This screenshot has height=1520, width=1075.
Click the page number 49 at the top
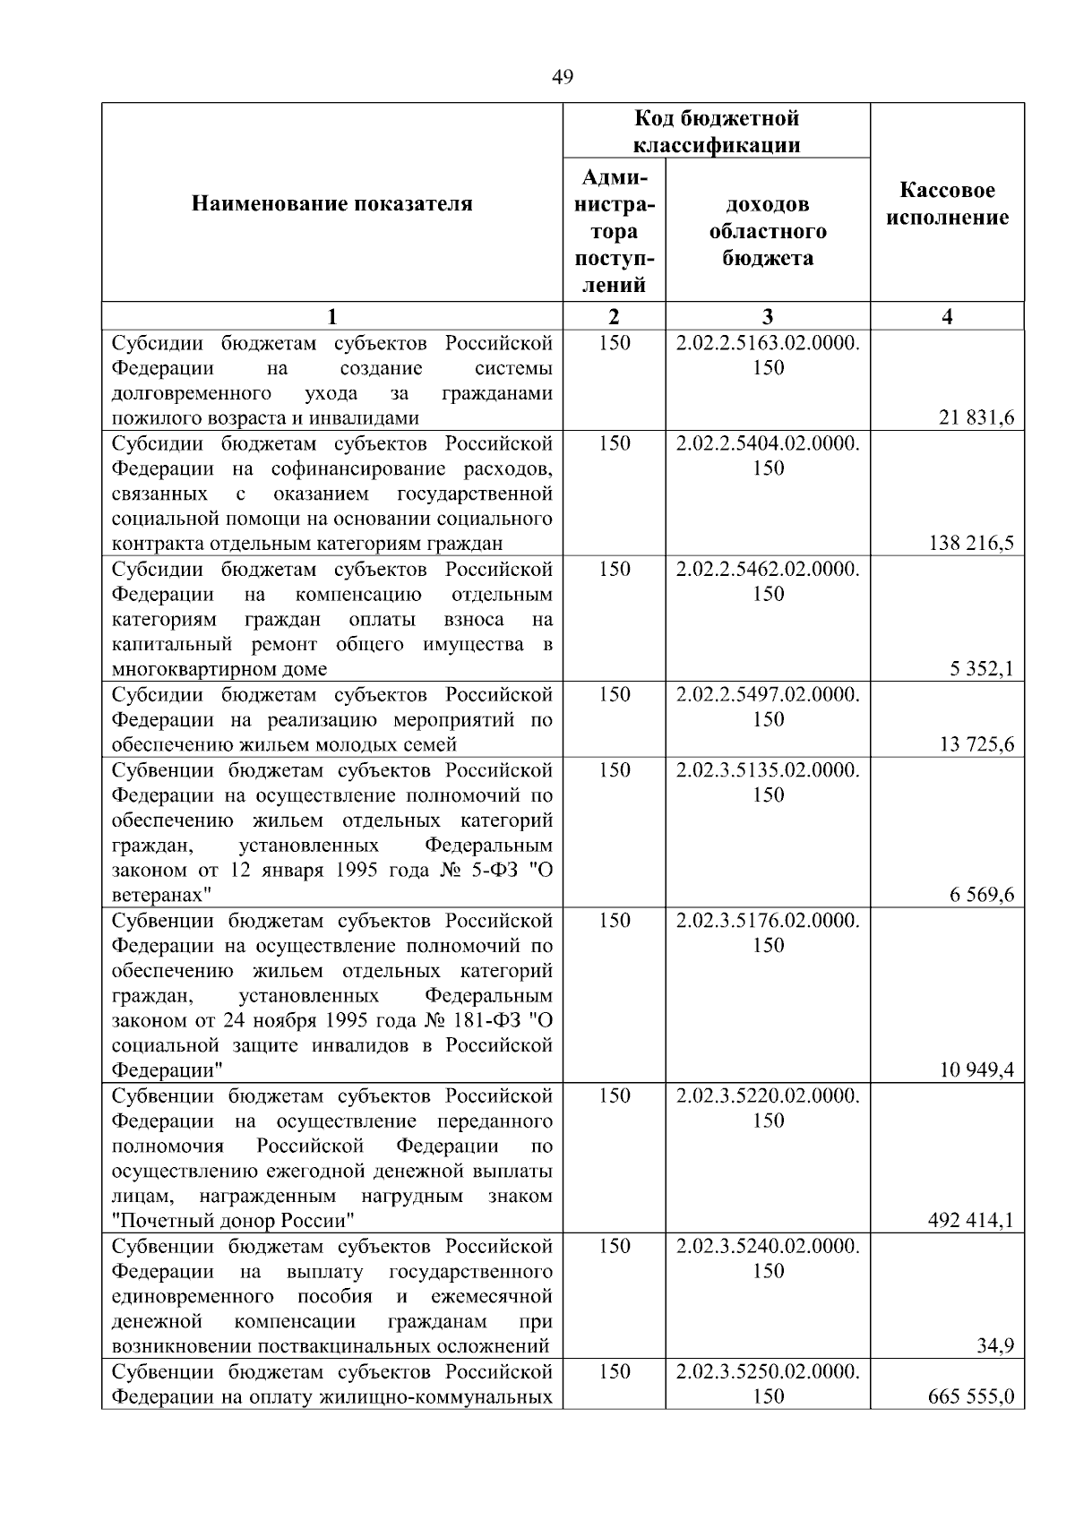[563, 77]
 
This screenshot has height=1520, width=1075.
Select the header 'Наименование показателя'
[331, 204]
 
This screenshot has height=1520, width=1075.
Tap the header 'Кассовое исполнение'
[947, 204]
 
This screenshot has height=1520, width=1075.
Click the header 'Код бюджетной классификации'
[717, 132]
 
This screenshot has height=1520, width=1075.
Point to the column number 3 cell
[768, 316]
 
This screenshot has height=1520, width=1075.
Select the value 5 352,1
[982, 669]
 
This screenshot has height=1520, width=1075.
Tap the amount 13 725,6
[976, 744]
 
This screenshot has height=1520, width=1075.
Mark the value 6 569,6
[982, 895]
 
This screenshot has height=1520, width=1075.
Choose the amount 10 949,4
[976, 1070]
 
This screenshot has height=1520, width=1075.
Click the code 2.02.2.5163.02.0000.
[768, 343]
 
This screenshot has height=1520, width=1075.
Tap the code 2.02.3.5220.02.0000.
[768, 1096]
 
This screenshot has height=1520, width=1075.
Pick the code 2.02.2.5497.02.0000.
[768, 695]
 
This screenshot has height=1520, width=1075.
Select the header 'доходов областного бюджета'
[768, 231]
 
